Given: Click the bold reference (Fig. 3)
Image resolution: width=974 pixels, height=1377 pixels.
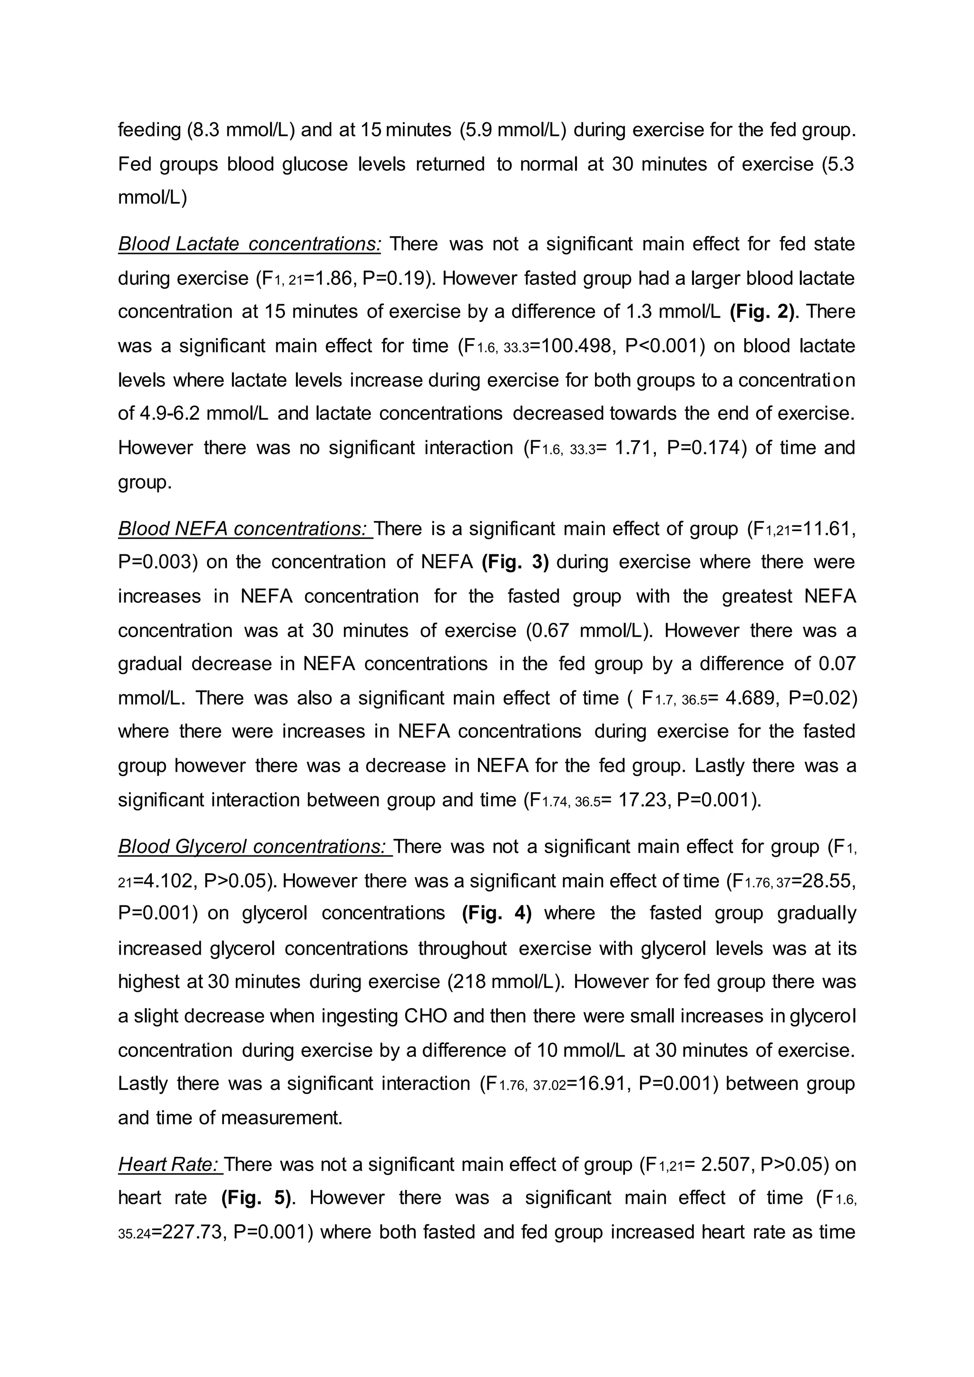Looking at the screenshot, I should (x=515, y=562).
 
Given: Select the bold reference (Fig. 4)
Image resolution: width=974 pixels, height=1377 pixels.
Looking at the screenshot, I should (x=497, y=913).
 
